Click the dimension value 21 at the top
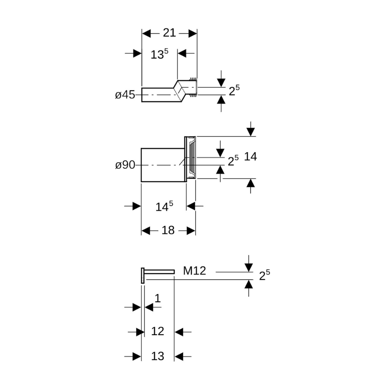169,33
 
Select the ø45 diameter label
125,95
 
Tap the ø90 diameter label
125,165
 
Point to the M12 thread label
194,271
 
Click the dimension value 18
168,230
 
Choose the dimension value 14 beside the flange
250,157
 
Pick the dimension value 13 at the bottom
158,356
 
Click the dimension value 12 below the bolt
158,331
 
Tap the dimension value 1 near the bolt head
158,298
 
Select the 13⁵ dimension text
159,54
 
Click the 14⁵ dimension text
164,206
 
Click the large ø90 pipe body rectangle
162,165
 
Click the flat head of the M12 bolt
142,275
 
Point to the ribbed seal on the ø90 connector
193,158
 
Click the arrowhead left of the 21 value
146,33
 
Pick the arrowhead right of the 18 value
191,231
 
